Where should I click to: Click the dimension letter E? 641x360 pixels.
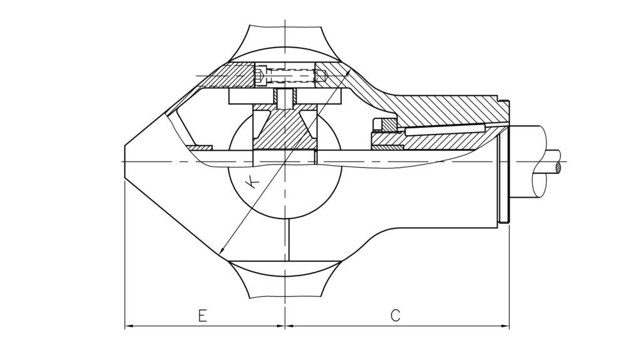point(202,316)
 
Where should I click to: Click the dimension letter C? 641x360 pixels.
point(396,316)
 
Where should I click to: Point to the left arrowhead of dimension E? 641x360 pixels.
point(129,326)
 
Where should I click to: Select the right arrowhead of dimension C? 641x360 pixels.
point(505,326)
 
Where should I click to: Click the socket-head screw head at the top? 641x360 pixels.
point(261,75)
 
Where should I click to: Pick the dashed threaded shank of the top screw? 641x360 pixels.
point(290,75)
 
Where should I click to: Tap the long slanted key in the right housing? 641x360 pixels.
point(444,129)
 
